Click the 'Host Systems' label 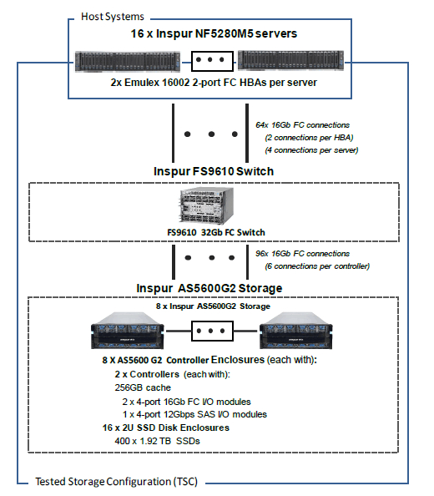click(x=113, y=17)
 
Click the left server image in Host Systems click(x=128, y=61)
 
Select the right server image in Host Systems click(x=290, y=60)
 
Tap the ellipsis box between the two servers click(x=212, y=61)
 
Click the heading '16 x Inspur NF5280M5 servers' click(x=214, y=33)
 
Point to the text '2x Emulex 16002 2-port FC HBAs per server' click(x=214, y=83)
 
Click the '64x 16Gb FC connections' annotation click(x=302, y=125)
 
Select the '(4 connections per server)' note click(x=311, y=150)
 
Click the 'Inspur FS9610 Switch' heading click(x=214, y=171)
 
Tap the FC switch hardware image click(x=207, y=205)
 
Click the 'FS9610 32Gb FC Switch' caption click(x=216, y=232)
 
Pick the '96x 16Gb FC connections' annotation click(x=302, y=254)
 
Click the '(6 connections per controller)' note click(x=317, y=266)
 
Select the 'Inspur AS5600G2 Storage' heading click(x=209, y=288)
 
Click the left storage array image click(x=128, y=331)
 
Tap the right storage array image click(x=295, y=331)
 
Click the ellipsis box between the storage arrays click(x=212, y=331)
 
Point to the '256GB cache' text click(x=143, y=387)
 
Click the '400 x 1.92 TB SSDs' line click(x=157, y=441)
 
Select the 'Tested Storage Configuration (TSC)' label click(x=116, y=482)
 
